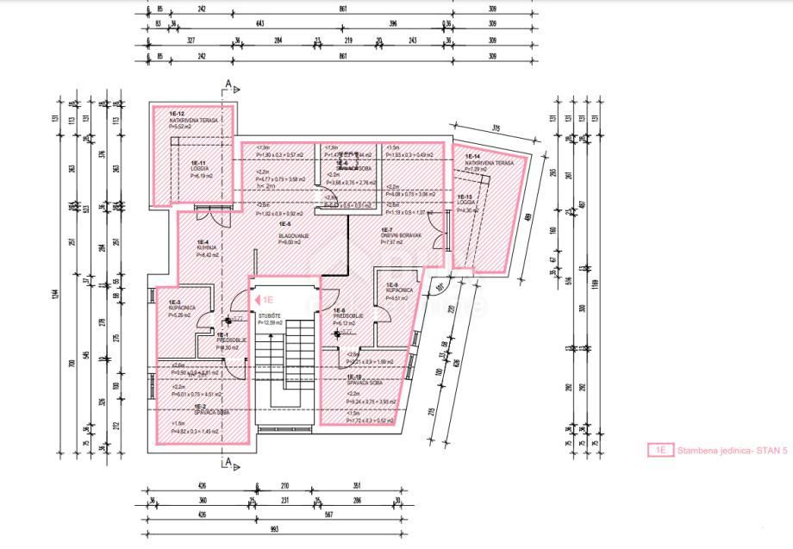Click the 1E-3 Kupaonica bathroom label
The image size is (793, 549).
click(x=180, y=308)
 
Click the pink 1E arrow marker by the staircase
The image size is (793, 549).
click(x=262, y=299)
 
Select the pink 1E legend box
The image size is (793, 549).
click(x=659, y=450)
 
